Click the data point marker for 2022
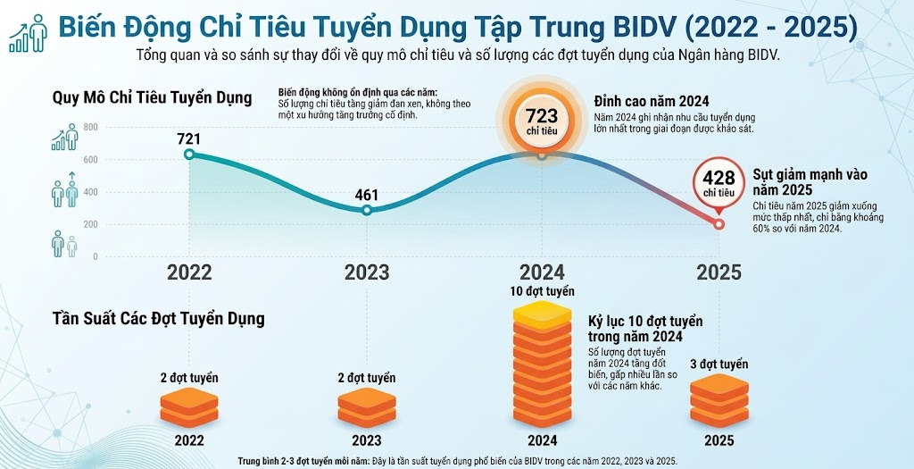(x=188, y=155)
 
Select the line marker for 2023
(x=367, y=210)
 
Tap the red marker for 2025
(x=719, y=224)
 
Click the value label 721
(x=188, y=138)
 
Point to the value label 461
(x=367, y=195)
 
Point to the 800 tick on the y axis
(x=90, y=127)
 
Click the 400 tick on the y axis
(x=90, y=192)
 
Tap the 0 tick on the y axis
(x=96, y=256)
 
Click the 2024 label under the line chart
(x=542, y=272)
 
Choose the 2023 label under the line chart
(x=367, y=272)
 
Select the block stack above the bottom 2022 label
(x=188, y=407)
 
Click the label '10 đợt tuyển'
(x=542, y=291)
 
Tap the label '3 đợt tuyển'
(x=719, y=364)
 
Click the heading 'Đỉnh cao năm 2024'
(x=652, y=101)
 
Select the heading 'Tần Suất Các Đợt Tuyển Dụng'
(x=158, y=318)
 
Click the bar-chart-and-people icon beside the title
(x=29, y=31)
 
